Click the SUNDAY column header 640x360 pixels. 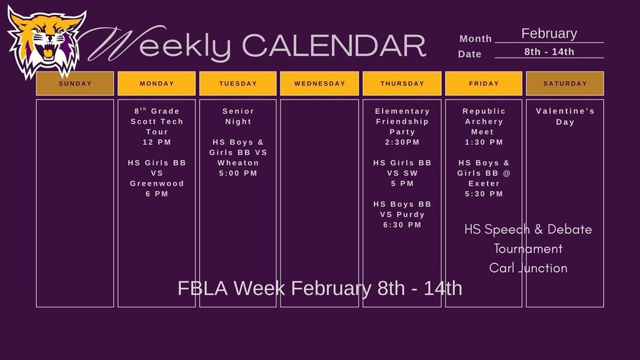click(75, 84)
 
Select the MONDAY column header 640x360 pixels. click(157, 84)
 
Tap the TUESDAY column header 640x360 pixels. click(238, 84)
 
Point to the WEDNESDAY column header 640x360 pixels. click(319, 84)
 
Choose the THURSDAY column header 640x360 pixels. click(402, 84)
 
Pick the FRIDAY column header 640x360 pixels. click(484, 84)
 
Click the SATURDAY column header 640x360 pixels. click(565, 84)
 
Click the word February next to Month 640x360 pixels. click(549, 34)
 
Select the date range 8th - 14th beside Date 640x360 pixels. click(549, 52)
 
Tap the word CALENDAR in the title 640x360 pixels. click(333, 46)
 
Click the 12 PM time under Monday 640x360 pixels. click(157, 142)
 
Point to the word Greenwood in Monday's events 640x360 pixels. click(157, 184)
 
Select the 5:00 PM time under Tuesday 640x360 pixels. click(238, 173)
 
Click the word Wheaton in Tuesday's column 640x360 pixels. click(238, 163)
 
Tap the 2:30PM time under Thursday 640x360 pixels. click(402, 142)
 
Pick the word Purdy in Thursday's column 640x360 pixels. click(410, 214)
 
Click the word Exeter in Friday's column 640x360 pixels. click(484, 184)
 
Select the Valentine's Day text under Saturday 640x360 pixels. click(565, 116)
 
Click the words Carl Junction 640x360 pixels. click(528, 268)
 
